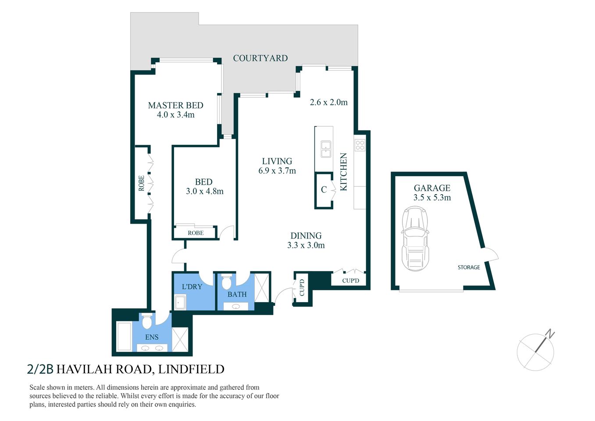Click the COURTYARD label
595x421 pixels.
260,58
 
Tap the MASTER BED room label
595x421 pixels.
175,105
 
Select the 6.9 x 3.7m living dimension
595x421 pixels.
277,171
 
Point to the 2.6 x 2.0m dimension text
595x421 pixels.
328,102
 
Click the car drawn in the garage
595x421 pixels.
415,239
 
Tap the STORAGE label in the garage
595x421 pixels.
469,267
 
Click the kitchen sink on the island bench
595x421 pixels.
325,149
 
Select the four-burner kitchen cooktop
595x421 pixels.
360,145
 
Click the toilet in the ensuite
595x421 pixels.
147,322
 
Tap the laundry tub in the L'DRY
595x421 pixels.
180,302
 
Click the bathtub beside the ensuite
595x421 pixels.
125,337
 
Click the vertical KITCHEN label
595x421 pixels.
344,171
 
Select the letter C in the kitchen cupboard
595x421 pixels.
324,189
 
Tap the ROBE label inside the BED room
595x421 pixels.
196,233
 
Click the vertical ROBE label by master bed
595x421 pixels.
141,183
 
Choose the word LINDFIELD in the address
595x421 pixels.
191,369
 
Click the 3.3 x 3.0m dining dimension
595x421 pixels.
306,246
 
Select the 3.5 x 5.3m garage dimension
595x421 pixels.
432,198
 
